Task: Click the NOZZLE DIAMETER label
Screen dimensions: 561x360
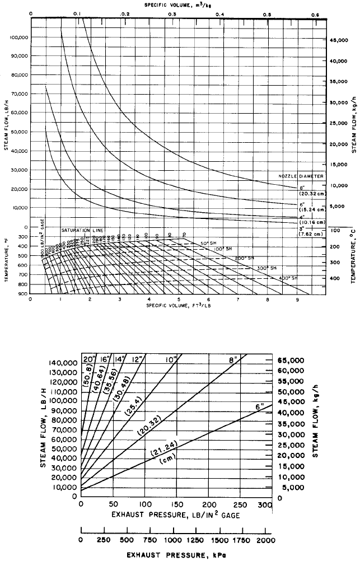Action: coord(301,176)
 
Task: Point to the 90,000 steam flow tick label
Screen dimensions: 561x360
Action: coord(20,56)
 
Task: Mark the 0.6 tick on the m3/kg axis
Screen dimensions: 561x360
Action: coord(316,13)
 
